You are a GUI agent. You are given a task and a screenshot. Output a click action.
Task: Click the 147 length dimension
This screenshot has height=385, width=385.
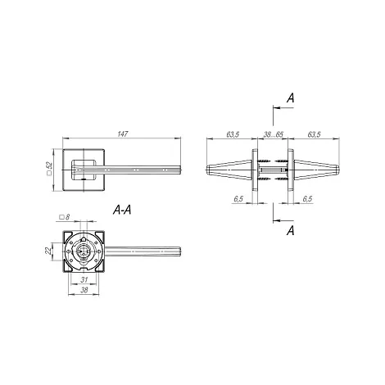click(123, 134)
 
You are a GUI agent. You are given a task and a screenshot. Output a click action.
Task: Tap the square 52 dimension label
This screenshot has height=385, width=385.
click(49, 168)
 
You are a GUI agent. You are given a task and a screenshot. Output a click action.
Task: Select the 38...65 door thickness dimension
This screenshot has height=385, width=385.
click(274, 134)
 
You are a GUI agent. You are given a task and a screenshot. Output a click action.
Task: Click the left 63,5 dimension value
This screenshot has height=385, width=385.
click(233, 134)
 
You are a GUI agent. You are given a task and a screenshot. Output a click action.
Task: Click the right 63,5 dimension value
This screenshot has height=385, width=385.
click(314, 134)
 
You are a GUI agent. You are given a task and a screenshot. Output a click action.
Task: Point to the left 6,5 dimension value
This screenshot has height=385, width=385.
click(238, 199)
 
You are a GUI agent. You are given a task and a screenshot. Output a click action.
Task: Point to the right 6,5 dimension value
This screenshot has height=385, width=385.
click(307, 199)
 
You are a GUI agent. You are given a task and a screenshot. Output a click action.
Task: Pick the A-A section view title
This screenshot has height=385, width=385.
click(122, 210)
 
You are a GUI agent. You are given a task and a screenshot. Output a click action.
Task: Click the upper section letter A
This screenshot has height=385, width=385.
click(291, 97)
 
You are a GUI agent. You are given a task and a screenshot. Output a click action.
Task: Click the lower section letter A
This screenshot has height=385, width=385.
click(291, 231)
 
